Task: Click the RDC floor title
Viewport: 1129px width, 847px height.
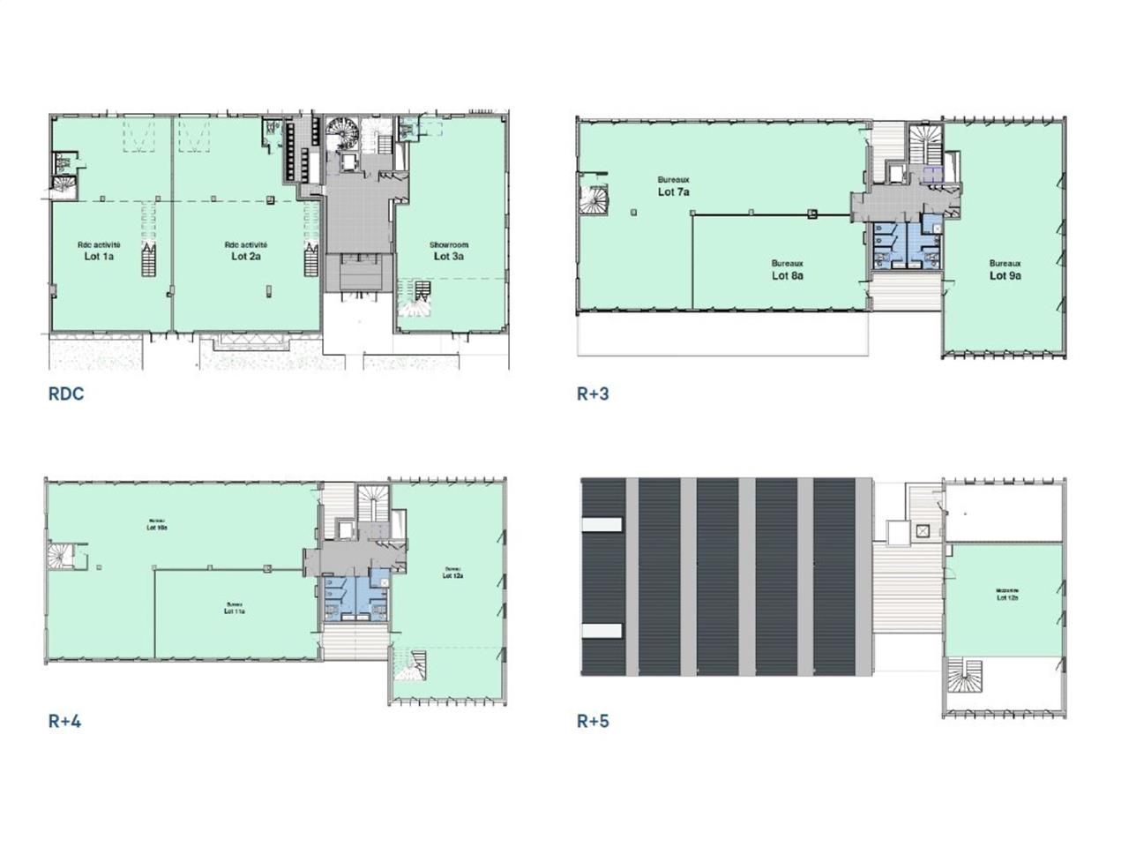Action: pyautogui.click(x=66, y=394)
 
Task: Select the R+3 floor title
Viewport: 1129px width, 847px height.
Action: pyautogui.click(x=593, y=394)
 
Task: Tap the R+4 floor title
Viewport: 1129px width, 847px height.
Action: pyautogui.click(x=64, y=721)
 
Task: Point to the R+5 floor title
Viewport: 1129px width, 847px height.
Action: pyautogui.click(x=593, y=721)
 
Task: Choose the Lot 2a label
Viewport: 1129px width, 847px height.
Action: pyautogui.click(x=246, y=251)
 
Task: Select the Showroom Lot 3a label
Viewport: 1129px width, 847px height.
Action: pyautogui.click(x=449, y=251)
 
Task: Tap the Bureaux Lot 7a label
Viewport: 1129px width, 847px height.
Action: pyautogui.click(x=673, y=186)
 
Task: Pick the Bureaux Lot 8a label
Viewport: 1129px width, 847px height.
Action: pyautogui.click(x=787, y=270)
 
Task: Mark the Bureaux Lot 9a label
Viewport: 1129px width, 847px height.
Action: pyautogui.click(x=1005, y=270)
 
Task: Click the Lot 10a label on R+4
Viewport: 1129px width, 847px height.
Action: pyautogui.click(x=157, y=524)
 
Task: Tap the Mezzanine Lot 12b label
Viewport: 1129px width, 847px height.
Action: pyautogui.click(x=1007, y=594)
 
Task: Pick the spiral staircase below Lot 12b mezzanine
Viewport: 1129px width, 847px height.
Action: pyautogui.click(x=964, y=676)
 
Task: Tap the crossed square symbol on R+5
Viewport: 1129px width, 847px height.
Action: pyautogui.click(x=922, y=530)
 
